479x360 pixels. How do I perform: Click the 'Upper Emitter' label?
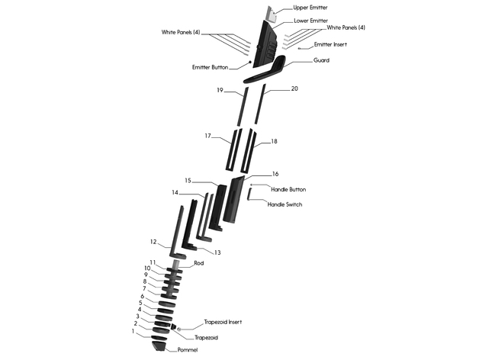pyautogui.click(x=310, y=8)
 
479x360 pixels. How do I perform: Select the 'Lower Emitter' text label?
pyautogui.click(x=310, y=21)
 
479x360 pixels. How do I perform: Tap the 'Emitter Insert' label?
pyautogui.click(x=331, y=44)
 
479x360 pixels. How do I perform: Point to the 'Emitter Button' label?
pyautogui.click(x=210, y=67)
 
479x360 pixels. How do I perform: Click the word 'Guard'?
pyautogui.click(x=321, y=59)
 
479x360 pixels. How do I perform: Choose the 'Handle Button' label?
pyautogui.click(x=289, y=189)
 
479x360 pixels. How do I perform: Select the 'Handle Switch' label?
pyautogui.click(x=286, y=204)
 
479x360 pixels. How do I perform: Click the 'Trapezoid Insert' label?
pyautogui.click(x=222, y=323)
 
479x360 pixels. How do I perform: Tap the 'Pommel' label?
pyautogui.click(x=188, y=349)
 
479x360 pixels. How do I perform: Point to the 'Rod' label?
pyautogui.click(x=198, y=263)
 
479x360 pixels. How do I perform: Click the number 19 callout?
pyautogui.click(x=219, y=90)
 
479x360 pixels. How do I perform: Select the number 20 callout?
pyautogui.click(x=294, y=89)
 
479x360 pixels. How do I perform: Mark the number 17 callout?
pyautogui.click(x=207, y=136)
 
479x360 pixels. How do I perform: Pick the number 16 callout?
pyautogui.click(x=275, y=174)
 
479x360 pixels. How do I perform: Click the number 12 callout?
pyautogui.click(x=153, y=242)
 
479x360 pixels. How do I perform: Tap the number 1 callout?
pyautogui.click(x=133, y=331)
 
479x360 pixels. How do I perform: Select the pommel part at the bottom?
pyautogui.click(x=159, y=346)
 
